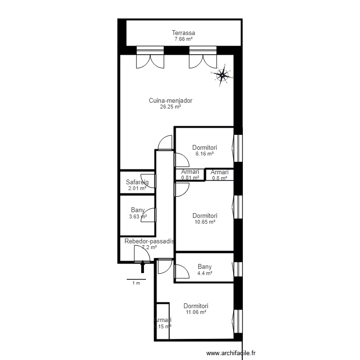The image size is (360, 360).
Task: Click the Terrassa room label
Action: tap(184, 33)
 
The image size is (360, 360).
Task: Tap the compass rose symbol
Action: tap(223, 74)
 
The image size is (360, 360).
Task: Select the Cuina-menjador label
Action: tap(170, 101)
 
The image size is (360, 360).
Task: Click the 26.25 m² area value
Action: tap(170, 107)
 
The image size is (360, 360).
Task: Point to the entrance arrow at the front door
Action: tap(143, 266)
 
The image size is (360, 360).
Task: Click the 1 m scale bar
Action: tap(136, 279)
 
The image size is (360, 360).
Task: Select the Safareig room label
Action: tap(137, 182)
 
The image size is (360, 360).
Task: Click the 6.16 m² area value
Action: tap(204, 154)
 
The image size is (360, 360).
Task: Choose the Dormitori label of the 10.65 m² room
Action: tap(204, 216)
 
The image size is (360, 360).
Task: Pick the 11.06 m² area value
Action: tap(196, 312)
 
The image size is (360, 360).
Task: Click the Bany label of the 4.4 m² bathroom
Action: tap(204, 267)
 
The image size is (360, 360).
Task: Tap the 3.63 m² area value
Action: tap(138, 216)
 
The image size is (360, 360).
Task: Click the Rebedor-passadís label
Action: tap(149, 241)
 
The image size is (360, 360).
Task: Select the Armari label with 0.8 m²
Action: tap(219, 172)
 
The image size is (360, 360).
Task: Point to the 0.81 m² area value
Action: tap(190, 178)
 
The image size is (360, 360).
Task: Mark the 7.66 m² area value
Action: tap(184, 39)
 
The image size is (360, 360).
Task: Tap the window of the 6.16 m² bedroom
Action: tap(237, 148)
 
